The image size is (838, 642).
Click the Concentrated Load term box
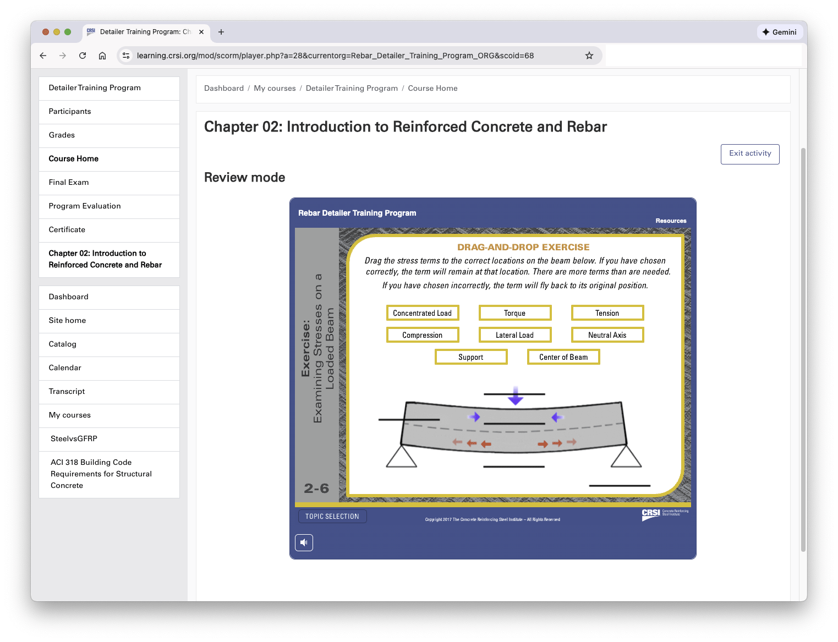[x=422, y=313]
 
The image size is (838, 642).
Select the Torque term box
[x=514, y=313]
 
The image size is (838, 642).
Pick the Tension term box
[x=607, y=313]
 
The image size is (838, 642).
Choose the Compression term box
[x=422, y=335]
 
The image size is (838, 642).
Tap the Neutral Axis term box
[x=607, y=335]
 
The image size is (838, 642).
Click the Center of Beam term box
[x=563, y=357]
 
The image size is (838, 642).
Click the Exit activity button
[x=749, y=154]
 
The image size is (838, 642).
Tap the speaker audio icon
[x=304, y=542]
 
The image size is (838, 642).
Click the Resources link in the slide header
[x=671, y=221]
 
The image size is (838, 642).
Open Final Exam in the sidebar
[x=69, y=183]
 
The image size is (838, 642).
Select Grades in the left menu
[x=62, y=135]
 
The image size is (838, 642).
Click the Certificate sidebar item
[x=67, y=230]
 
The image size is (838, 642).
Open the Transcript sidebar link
[x=67, y=392]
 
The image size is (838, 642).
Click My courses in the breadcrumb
[x=275, y=89]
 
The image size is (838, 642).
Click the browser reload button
[x=83, y=56]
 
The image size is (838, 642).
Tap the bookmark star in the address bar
[x=589, y=56]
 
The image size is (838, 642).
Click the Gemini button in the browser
[x=779, y=32]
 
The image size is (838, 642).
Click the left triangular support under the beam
[x=401, y=458]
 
